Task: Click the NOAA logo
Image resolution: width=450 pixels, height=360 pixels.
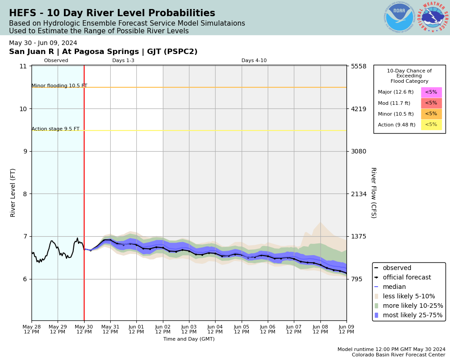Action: click(399, 18)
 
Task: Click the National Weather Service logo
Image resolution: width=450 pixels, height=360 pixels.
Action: click(433, 18)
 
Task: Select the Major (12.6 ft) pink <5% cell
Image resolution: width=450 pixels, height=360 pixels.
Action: click(431, 92)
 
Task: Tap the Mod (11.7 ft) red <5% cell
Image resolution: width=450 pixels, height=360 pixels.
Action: click(431, 103)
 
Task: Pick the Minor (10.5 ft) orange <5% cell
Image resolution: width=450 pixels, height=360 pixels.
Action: click(431, 114)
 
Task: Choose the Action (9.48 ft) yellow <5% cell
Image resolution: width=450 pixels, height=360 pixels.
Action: click(431, 125)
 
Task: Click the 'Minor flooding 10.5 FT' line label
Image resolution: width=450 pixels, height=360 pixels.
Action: click(59, 86)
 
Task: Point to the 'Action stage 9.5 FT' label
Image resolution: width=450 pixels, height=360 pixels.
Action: click(55, 129)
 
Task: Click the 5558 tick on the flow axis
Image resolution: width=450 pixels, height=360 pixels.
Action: click(359, 66)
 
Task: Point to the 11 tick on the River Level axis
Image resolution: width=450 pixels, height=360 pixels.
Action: click(23, 66)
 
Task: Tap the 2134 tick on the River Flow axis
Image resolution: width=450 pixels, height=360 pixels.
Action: click(359, 194)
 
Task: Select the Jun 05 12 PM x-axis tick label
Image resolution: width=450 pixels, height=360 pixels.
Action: click(242, 329)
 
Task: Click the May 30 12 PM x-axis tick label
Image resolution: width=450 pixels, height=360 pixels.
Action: click(84, 329)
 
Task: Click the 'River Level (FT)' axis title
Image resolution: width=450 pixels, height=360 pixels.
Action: click(13, 193)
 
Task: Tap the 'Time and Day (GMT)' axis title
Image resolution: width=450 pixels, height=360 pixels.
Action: click(189, 339)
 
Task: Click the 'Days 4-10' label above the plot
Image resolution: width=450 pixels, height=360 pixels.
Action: click(254, 61)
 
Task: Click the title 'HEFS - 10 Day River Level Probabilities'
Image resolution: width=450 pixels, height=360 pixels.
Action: click(112, 13)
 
